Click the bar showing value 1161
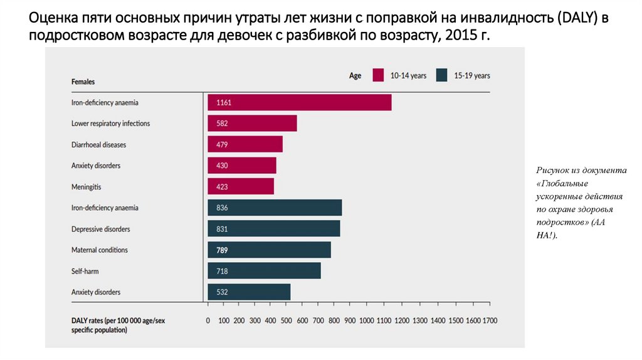(300, 102)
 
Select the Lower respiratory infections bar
(252, 124)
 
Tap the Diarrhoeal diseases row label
(98, 145)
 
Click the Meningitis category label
(87, 187)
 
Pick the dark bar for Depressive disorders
(274, 229)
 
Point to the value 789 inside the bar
(222, 250)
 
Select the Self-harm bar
(264, 271)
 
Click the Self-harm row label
(85, 271)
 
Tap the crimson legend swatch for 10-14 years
(378, 75)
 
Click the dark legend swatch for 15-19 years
(441, 75)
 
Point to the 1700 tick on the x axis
(490, 320)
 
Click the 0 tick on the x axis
(208, 320)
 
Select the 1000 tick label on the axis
(366, 320)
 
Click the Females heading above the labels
(83, 82)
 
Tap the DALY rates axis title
(118, 325)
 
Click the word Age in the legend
(355, 76)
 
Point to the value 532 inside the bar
(222, 292)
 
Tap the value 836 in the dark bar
(222, 208)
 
